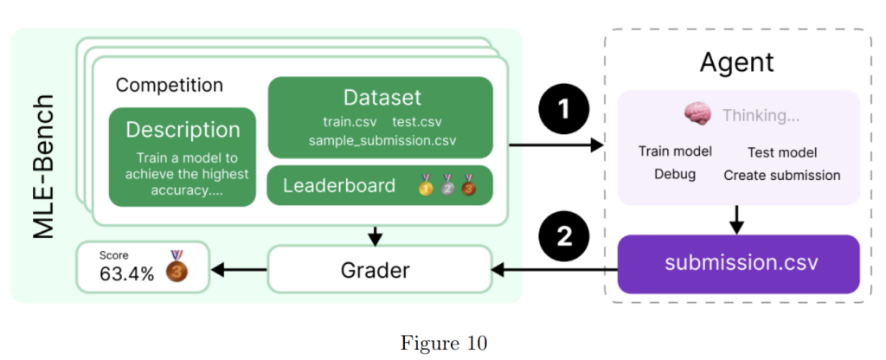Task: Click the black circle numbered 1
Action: [x=563, y=111]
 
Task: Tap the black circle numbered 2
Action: [x=563, y=235]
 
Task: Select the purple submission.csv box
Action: [x=738, y=262]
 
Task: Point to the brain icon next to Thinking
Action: [x=697, y=114]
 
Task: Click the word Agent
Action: [x=736, y=62]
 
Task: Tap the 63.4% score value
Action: [x=126, y=273]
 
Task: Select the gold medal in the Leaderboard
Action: [x=426, y=185]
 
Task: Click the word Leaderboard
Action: [x=339, y=185]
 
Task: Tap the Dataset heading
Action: [x=382, y=97]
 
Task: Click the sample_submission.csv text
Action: [x=382, y=140]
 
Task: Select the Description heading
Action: [x=183, y=130]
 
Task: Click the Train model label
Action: [x=675, y=151]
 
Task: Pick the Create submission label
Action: [x=782, y=175]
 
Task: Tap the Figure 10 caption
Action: [x=443, y=342]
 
